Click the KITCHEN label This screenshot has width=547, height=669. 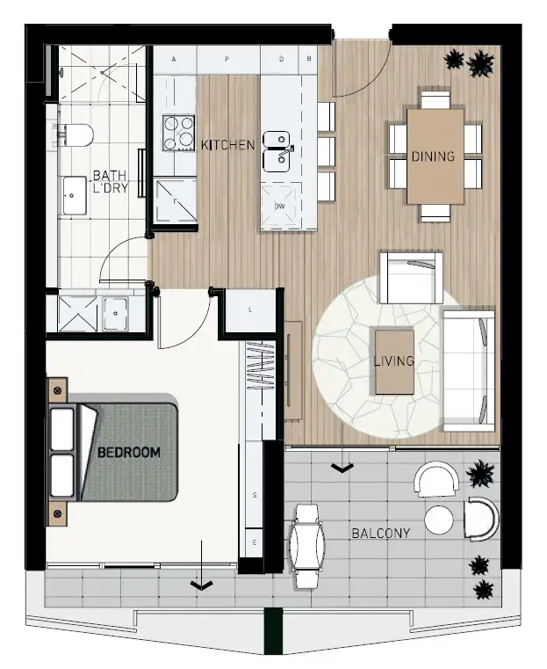click(227, 144)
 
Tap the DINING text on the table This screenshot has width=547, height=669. click(433, 157)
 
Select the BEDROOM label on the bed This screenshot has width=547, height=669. click(128, 452)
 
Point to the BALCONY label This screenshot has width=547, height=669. click(380, 533)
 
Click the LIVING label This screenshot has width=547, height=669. click(392, 361)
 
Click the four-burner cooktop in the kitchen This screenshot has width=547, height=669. click(178, 133)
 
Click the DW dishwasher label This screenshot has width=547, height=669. click(280, 207)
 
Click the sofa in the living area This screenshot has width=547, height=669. click(469, 369)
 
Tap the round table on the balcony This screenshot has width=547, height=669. click(439, 520)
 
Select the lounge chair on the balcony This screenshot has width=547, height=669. click(307, 545)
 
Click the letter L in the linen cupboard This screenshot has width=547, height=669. click(250, 310)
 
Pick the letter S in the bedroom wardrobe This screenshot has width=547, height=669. click(254, 495)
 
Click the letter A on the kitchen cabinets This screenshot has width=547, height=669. click(175, 60)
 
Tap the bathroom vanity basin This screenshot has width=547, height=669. click(74, 195)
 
